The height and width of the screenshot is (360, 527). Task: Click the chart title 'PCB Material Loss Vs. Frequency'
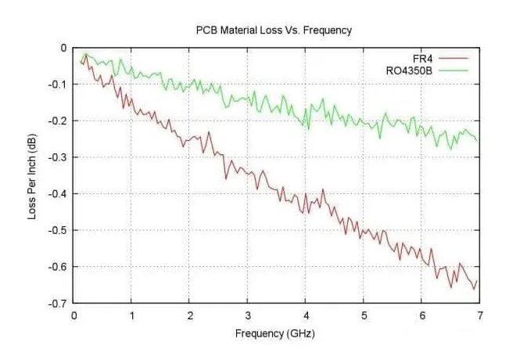tap(274, 31)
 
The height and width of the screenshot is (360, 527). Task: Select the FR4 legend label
tap(423, 58)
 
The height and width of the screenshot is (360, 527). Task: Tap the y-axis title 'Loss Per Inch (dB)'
tap(32, 175)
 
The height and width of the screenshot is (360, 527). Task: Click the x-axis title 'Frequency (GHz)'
tap(274, 333)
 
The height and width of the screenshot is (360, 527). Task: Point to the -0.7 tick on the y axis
tap(58, 303)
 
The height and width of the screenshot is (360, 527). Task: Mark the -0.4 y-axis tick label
tap(58, 193)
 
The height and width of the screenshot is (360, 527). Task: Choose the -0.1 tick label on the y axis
tap(58, 84)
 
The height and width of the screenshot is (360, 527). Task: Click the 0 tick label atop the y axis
tap(63, 48)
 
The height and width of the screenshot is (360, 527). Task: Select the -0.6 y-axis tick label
tap(58, 266)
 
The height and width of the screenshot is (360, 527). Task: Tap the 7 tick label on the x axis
tap(480, 315)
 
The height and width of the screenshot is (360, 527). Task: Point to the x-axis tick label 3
tap(248, 315)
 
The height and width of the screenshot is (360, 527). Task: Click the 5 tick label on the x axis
tap(364, 315)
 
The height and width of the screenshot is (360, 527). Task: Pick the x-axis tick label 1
tap(132, 315)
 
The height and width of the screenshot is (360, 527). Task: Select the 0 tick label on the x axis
tap(73, 315)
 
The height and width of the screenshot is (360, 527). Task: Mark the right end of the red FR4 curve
tap(476, 280)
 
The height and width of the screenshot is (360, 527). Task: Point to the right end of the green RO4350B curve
tap(476, 141)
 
